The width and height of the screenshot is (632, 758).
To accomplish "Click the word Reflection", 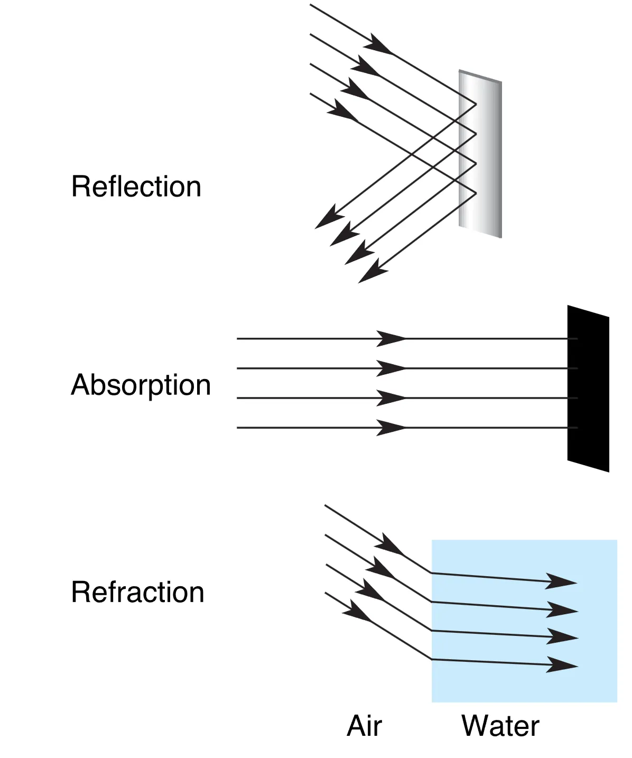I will click(x=136, y=187).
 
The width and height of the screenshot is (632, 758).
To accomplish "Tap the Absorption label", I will click(x=141, y=385).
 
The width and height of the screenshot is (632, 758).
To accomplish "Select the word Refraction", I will click(x=137, y=592).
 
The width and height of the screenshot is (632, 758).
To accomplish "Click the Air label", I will click(x=364, y=726).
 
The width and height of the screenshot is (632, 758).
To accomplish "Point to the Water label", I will click(x=500, y=726).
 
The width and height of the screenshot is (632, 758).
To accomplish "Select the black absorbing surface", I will click(x=588, y=389).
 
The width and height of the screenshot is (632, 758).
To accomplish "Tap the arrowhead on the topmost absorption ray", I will click(x=391, y=338).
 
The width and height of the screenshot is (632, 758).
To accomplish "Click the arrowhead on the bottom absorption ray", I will click(x=391, y=427).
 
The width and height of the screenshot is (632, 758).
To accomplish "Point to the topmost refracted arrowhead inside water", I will click(x=561, y=581).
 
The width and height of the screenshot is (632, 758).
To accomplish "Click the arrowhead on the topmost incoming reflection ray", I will click(x=378, y=45).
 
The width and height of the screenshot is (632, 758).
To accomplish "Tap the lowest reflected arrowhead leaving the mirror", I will click(x=373, y=271).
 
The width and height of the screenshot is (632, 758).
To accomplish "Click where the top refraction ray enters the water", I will click(x=432, y=572).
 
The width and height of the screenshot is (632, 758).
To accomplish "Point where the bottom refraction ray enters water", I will click(x=432, y=659).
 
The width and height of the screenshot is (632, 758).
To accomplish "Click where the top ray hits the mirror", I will click(x=476, y=104).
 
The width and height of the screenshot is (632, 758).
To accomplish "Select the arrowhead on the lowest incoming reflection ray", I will click(x=343, y=112).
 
